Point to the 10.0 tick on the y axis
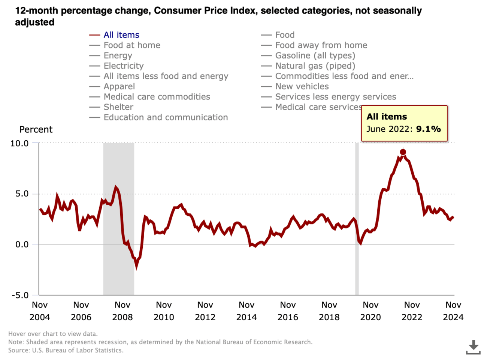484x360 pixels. pyautogui.click(x=19, y=143)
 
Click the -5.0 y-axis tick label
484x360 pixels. pyautogui.click(x=19, y=295)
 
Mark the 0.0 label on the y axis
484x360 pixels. pyautogui.click(x=22, y=244)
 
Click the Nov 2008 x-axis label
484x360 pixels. pyautogui.click(x=122, y=311)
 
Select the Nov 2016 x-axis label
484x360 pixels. pyautogui.click(x=288, y=311)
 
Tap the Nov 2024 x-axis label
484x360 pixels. pyautogui.click(x=453, y=311)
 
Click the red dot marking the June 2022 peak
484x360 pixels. pyautogui.click(x=403, y=152)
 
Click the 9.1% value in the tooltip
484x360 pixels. pyautogui.click(x=428, y=129)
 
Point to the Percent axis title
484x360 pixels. pyautogui.click(x=36, y=130)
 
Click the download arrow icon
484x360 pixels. pyautogui.click(x=473, y=347)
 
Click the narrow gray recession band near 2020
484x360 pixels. pyautogui.click(x=357, y=225)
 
